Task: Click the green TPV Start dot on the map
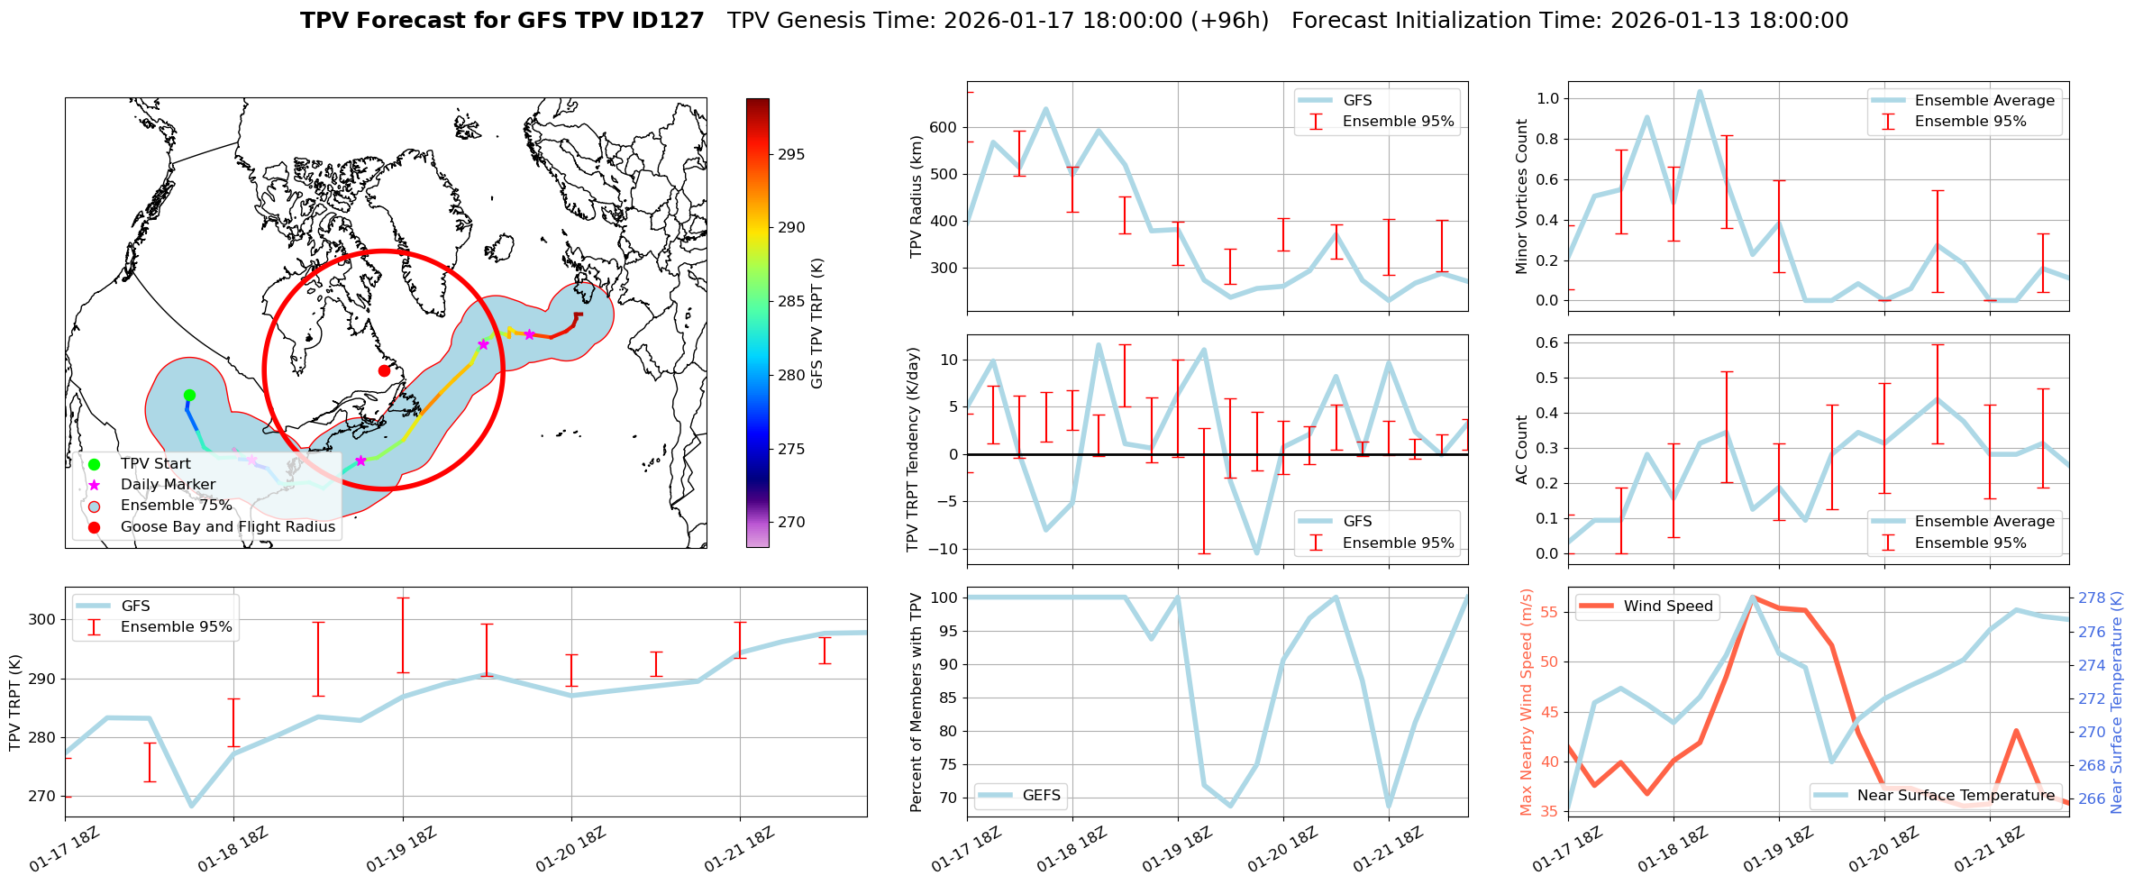point(189,395)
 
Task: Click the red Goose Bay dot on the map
point(384,370)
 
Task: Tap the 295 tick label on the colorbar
point(791,154)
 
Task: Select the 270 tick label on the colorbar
point(791,522)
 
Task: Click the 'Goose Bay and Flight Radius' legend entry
point(227,526)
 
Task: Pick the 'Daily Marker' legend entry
point(168,484)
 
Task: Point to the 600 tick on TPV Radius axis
point(944,127)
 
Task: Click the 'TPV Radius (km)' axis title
point(917,196)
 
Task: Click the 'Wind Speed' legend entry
point(1667,606)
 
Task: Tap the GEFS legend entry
point(1041,795)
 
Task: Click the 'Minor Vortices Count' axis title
point(1522,196)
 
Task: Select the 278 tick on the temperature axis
point(2092,598)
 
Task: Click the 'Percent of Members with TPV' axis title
point(917,702)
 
